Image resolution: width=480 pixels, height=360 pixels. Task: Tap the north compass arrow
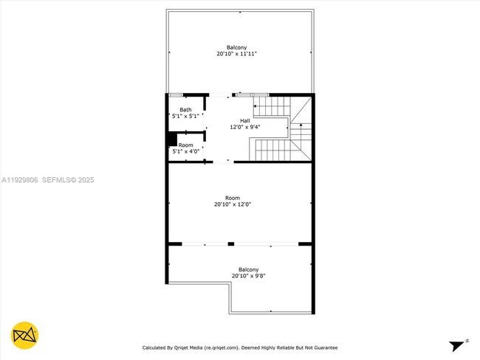point(459,344)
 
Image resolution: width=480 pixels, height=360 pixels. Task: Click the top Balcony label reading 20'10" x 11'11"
point(236,54)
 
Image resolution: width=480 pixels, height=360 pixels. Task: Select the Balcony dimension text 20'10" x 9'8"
point(248,276)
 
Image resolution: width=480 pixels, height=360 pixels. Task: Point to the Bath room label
point(185,110)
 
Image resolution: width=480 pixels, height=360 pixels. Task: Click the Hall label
point(244,120)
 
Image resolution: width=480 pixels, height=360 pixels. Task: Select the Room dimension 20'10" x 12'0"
point(233,204)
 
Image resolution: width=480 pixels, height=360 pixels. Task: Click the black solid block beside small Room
point(171,139)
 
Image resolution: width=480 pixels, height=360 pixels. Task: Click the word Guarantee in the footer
point(323,347)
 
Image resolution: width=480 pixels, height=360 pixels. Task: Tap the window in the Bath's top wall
point(176,94)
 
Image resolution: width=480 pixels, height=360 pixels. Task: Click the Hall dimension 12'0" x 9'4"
point(244,127)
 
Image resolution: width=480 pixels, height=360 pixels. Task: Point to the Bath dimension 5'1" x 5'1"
point(185,116)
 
